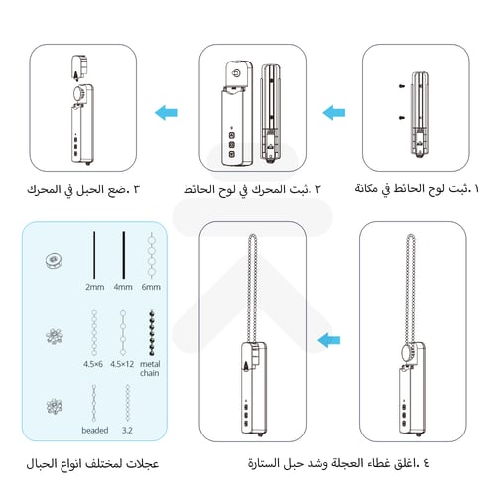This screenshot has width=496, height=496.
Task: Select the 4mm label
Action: pyautogui.click(x=122, y=287)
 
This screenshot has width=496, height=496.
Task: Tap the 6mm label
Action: pyautogui.click(x=150, y=287)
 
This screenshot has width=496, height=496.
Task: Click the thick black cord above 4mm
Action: pyautogui.click(x=123, y=254)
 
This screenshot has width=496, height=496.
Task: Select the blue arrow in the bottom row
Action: pyautogui.click(x=330, y=342)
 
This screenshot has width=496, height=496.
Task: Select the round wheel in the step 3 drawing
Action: pyautogui.click(x=77, y=92)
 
